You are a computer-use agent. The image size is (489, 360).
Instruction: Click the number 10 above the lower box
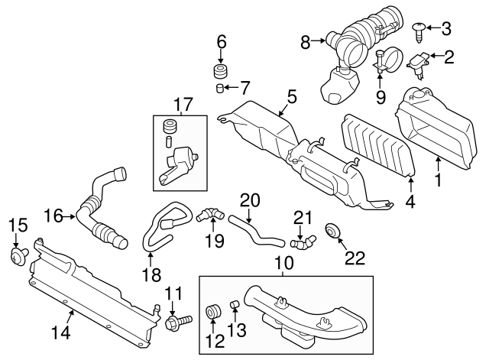pyautogui.click(x=283, y=264)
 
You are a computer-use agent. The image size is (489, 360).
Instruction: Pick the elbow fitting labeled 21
pyautogui.click(x=304, y=242)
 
